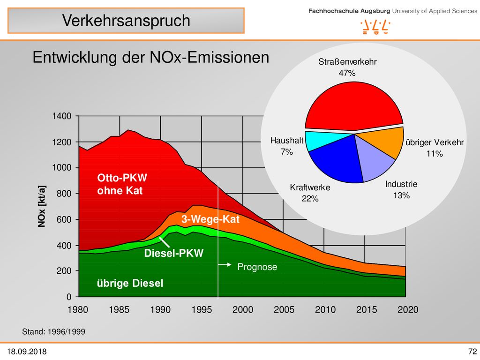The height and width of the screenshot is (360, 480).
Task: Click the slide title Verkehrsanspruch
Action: pyautogui.click(x=126, y=21)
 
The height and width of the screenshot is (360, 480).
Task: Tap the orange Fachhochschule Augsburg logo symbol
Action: pyautogui.click(x=375, y=27)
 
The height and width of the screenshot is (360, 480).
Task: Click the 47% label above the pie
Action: pyautogui.click(x=347, y=73)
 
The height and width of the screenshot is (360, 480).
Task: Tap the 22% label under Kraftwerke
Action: pyautogui.click(x=310, y=199)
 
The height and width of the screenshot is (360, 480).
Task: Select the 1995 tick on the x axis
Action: pyautogui.click(x=202, y=309)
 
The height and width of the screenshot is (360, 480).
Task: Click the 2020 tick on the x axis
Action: pyautogui.click(x=408, y=309)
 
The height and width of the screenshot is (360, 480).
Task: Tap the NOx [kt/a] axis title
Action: pyautogui.click(x=42, y=206)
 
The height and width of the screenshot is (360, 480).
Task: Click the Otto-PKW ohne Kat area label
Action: pyautogui.click(x=122, y=184)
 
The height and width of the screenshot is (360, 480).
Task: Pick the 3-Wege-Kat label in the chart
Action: pyautogui.click(x=210, y=219)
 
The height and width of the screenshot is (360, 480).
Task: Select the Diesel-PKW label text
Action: pyautogui.click(x=173, y=253)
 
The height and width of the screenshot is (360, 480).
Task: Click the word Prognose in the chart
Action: pyautogui.click(x=257, y=267)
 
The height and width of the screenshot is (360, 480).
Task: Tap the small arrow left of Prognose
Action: pyautogui.click(x=225, y=265)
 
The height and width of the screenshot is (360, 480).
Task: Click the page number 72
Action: pyautogui.click(x=472, y=351)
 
